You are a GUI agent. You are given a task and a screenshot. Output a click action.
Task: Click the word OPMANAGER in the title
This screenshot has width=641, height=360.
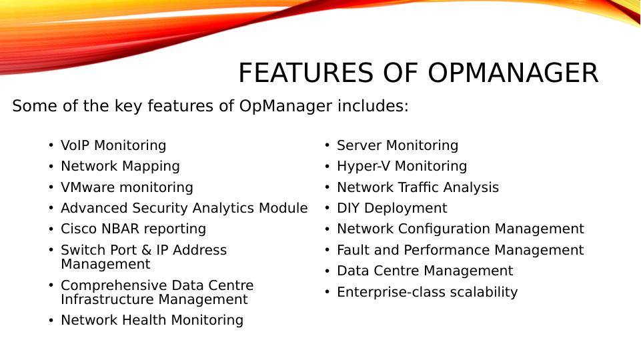coord(513,73)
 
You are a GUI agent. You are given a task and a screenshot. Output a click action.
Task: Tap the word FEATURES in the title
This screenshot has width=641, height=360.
coord(305,73)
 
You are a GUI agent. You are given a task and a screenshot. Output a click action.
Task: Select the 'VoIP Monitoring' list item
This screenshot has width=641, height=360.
coord(113,145)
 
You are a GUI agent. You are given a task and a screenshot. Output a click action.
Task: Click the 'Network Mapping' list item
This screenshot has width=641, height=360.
coord(120,166)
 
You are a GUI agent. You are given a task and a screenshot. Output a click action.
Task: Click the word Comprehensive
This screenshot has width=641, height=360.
coord(113,285)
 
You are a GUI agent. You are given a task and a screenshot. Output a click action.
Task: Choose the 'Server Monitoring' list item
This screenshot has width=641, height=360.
coord(398,145)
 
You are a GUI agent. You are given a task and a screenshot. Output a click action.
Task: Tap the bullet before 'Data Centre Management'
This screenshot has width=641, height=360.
coord(327,271)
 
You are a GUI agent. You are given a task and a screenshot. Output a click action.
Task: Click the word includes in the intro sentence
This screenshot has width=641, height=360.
coord(373,106)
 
